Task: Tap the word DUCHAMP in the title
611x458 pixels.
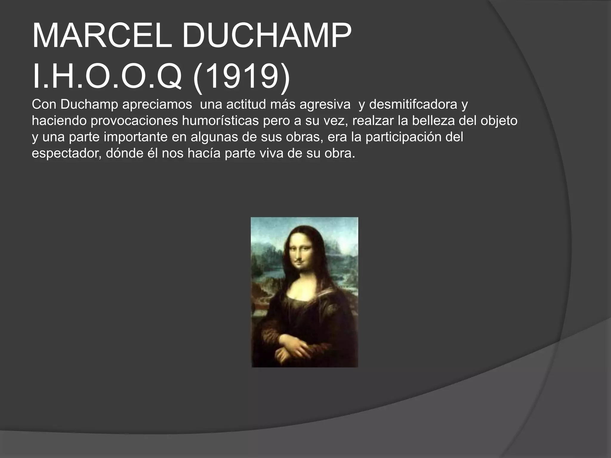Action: (267, 37)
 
